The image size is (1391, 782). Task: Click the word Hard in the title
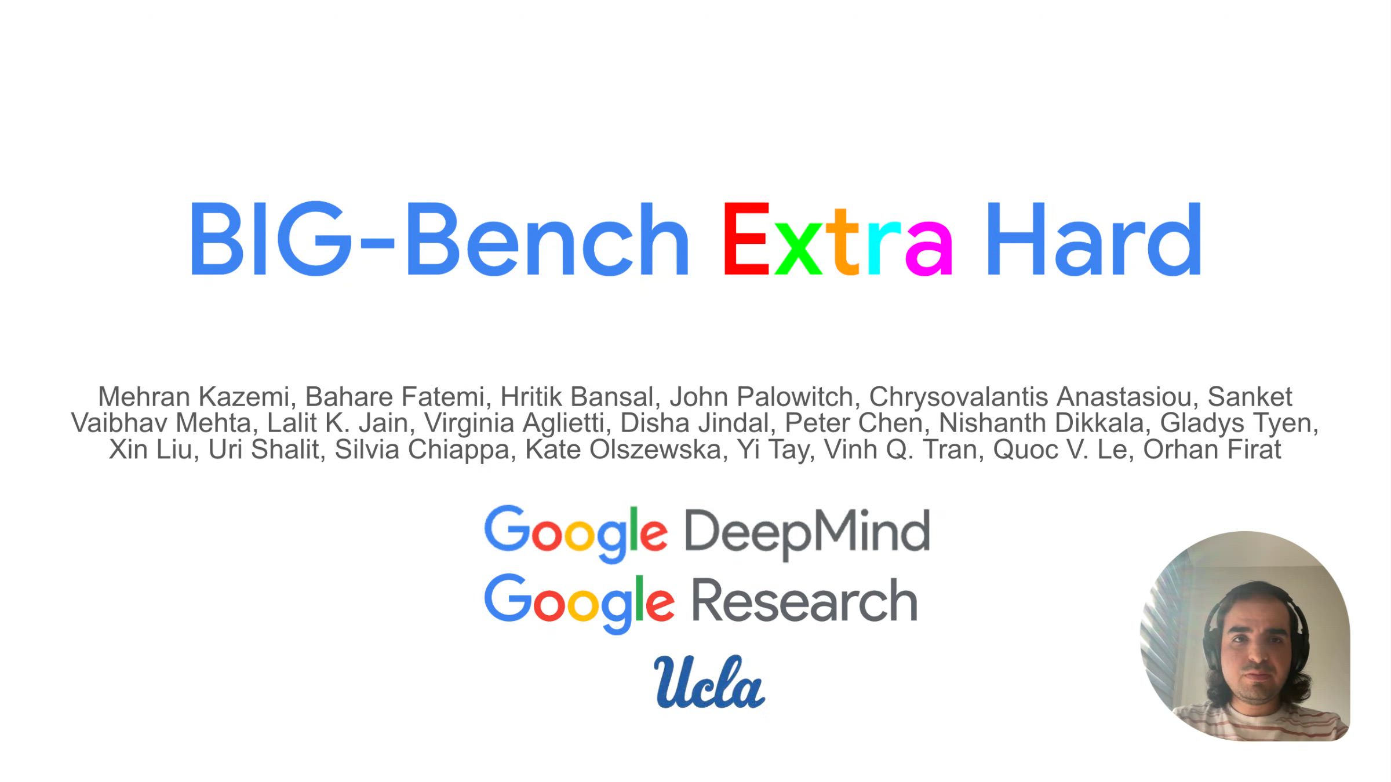point(1094,238)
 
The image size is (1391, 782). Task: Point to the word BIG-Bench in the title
point(439,238)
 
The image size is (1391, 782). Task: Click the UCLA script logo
point(709,682)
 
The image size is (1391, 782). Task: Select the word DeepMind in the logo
point(807,533)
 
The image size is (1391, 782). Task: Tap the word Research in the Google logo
point(804,600)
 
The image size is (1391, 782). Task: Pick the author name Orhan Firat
point(1212,450)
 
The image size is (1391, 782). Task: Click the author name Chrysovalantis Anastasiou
point(1034,397)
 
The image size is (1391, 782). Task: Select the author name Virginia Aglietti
point(518,423)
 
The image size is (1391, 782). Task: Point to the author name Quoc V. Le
point(1064,450)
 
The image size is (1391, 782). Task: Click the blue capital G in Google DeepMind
point(505,527)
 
